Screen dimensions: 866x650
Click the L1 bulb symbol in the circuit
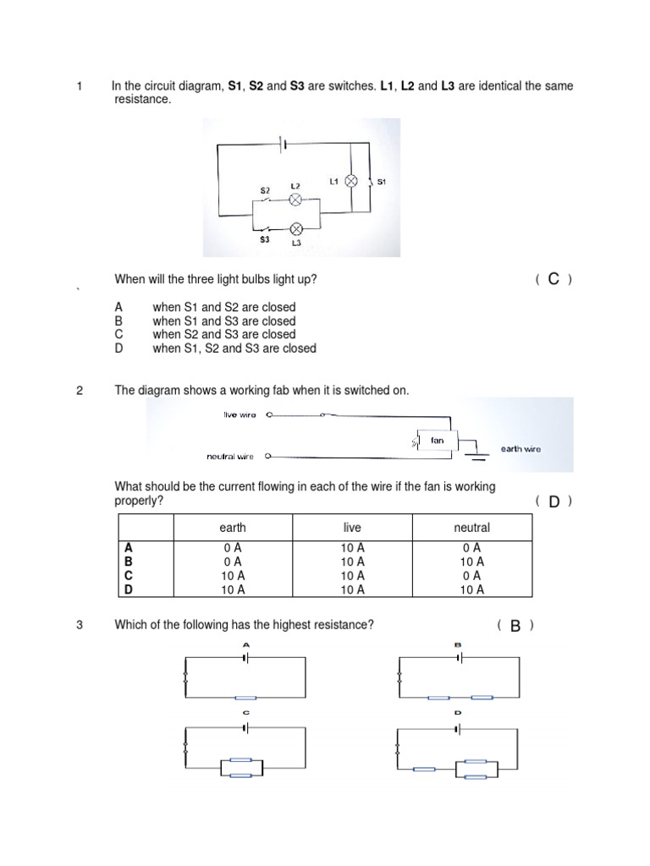tap(352, 181)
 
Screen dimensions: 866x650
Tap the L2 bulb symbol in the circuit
tap(295, 200)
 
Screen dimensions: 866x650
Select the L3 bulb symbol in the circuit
tap(296, 229)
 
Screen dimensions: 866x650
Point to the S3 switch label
tap(265, 240)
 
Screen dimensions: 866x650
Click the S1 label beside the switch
tap(382, 182)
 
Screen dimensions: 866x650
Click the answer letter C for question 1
tap(554, 279)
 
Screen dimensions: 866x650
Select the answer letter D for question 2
tap(554, 502)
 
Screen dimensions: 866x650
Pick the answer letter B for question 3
tap(515, 626)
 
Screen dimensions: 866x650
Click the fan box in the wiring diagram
tap(437, 441)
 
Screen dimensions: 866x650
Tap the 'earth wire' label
tap(520, 449)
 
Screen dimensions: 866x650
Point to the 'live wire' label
tap(240, 415)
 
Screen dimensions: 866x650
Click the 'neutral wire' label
tap(230, 457)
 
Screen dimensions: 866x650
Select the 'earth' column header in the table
tap(233, 528)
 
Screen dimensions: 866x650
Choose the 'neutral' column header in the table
tap(471, 528)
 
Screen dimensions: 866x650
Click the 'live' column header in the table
tap(352, 528)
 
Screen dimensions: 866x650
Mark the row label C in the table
tap(129, 576)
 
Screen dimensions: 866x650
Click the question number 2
tap(80, 391)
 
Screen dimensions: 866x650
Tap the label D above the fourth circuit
tap(458, 713)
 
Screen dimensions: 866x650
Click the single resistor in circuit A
tap(245, 698)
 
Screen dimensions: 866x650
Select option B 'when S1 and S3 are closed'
tap(223, 321)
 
